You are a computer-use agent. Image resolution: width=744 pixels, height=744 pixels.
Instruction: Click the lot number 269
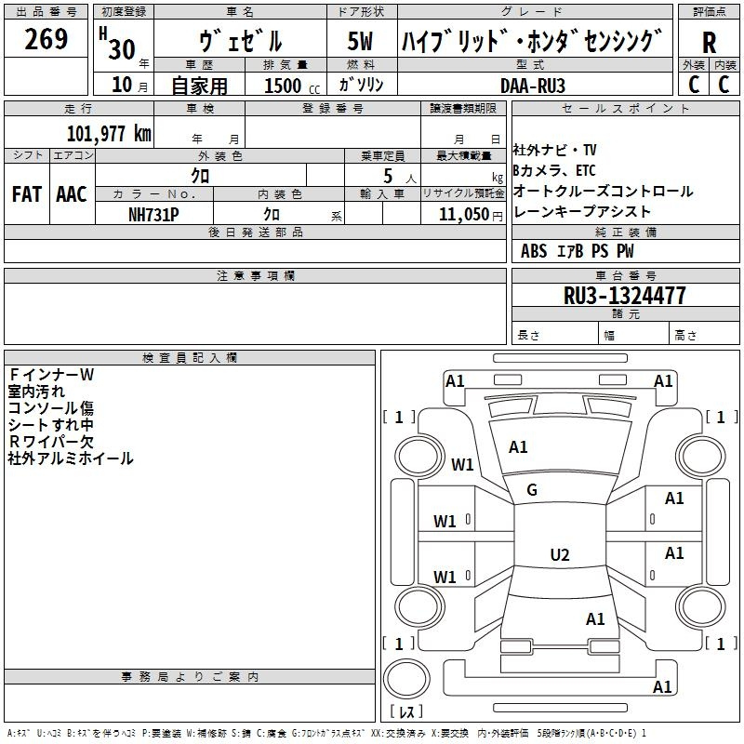46,40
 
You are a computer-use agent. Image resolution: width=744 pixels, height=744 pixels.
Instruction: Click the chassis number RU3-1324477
625,296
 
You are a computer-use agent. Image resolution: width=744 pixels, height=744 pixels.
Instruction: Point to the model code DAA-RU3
533,85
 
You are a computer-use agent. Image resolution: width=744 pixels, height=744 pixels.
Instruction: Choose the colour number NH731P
153,213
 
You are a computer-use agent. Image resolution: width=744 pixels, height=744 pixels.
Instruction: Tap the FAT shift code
26,194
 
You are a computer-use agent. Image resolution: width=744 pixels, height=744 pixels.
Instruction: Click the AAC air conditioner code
72,194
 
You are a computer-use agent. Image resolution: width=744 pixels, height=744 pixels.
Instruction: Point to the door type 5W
361,42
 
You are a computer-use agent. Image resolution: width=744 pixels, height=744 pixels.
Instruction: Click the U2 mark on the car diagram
560,555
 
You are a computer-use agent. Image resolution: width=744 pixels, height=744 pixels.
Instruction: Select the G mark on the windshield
532,490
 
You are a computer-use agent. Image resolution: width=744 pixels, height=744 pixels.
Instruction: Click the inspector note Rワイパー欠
51,442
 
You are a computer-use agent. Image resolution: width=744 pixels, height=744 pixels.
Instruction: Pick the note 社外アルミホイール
71,458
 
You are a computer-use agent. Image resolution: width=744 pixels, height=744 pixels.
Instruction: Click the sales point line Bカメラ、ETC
554,170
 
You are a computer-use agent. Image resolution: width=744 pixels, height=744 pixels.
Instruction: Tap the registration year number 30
121,49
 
